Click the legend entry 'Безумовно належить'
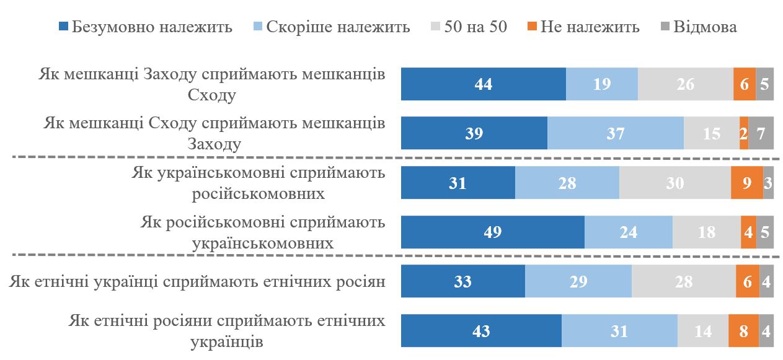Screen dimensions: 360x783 pyautogui.click(x=145, y=27)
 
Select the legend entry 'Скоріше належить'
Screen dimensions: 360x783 pyautogui.click(x=332, y=27)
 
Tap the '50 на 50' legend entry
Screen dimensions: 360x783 pyautogui.click(x=469, y=27)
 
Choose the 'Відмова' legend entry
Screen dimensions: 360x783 pyautogui.click(x=697, y=27)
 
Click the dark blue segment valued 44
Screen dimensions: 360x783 pyautogui.click(x=483, y=84)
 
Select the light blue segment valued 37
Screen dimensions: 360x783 pyautogui.click(x=616, y=133)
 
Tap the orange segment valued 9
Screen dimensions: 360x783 pyautogui.click(x=747, y=183)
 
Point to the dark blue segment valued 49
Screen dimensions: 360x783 pyautogui.click(x=493, y=232)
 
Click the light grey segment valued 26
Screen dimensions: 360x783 pyautogui.click(x=686, y=84)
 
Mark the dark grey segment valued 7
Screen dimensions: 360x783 pyautogui.click(x=761, y=133)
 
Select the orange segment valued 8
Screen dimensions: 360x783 pyautogui.click(x=743, y=331)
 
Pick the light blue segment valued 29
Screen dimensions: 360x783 pyautogui.click(x=578, y=281)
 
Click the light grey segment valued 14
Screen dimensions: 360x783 pyautogui.click(x=703, y=331)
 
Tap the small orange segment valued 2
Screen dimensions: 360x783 pyautogui.click(x=744, y=133)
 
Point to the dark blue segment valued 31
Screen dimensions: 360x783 pyautogui.click(x=458, y=183)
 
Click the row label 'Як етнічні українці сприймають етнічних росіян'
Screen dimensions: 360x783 pyautogui.click(x=198, y=282)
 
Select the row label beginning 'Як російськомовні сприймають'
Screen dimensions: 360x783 pyautogui.click(x=263, y=232)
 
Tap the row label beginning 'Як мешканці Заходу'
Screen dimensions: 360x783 pyautogui.click(x=211, y=84)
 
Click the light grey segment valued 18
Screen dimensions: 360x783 pyautogui.click(x=707, y=232)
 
